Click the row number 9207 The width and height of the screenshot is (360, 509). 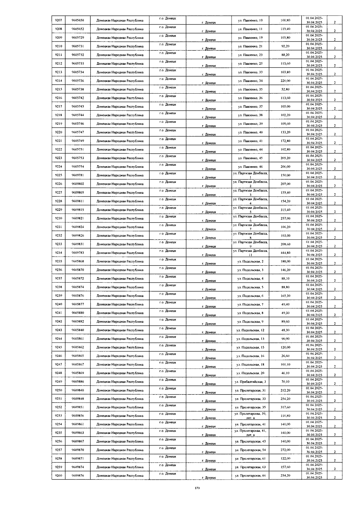point(58,20)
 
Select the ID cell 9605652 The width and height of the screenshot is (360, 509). point(78,29)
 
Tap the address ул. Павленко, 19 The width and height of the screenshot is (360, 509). point(250,37)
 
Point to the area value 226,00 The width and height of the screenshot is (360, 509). point(285,81)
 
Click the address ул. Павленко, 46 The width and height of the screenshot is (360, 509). point(250,167)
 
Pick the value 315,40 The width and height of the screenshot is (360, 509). point(285,210)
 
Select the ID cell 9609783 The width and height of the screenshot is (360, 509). point(78,253)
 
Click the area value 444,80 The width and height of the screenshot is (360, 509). point(285,253)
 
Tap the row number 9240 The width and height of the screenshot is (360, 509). point(58,304)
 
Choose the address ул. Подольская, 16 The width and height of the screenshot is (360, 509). point(250,356)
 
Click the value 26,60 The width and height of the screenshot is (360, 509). point(285,356)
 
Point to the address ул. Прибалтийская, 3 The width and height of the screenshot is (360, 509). point(250,382)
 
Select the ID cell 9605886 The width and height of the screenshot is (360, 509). point(78,382)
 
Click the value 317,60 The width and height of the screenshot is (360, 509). point(285,407)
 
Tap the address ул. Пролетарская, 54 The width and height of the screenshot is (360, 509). point(250,450)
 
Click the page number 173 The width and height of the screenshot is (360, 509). point(197,488)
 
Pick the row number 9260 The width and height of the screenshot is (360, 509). point(58,475)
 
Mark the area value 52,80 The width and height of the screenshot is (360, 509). point(285,89)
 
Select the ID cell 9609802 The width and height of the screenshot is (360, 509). point(78,184)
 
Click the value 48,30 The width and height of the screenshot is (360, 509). point(285,330)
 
